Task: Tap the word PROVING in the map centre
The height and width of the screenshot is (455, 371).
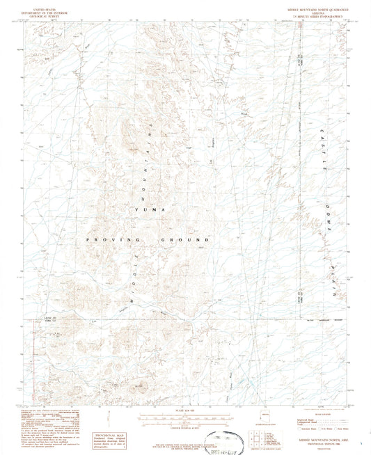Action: pyautogui.click(x=103, y=239)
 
